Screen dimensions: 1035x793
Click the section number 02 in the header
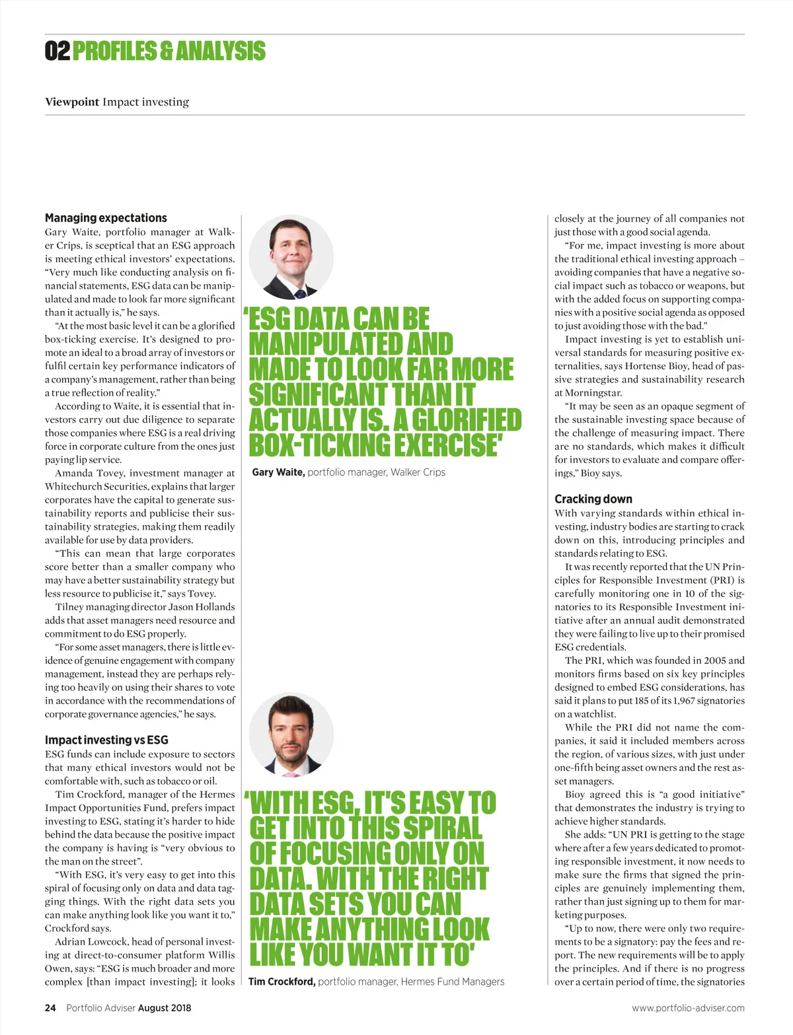coord(57,51)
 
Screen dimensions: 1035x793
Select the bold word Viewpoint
coord(72,102)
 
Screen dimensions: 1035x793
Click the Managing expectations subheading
coord(106,217)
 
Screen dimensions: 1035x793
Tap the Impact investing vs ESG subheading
coord(106,740)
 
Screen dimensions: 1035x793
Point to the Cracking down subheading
coord(593,499)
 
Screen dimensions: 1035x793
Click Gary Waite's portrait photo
coord(291,258)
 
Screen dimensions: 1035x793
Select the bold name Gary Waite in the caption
coord(278,472)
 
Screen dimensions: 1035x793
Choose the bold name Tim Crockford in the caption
coord(282,981)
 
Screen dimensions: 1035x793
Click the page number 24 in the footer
coord(50,1008)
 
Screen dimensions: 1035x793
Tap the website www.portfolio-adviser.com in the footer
coord(688,1008)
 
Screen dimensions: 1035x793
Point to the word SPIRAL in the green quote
coord(443,828)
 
